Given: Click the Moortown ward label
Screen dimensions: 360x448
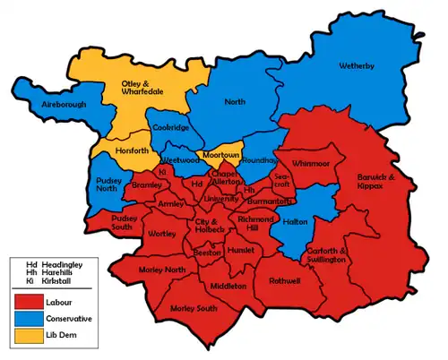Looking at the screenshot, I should click(x=220, y=155).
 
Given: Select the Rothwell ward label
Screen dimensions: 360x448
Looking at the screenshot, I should click(x=284, y=280).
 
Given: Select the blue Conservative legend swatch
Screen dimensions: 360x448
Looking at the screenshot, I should click(x=30, y=318).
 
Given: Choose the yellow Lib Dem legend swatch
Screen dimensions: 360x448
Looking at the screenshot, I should click(x=30, y=335).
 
